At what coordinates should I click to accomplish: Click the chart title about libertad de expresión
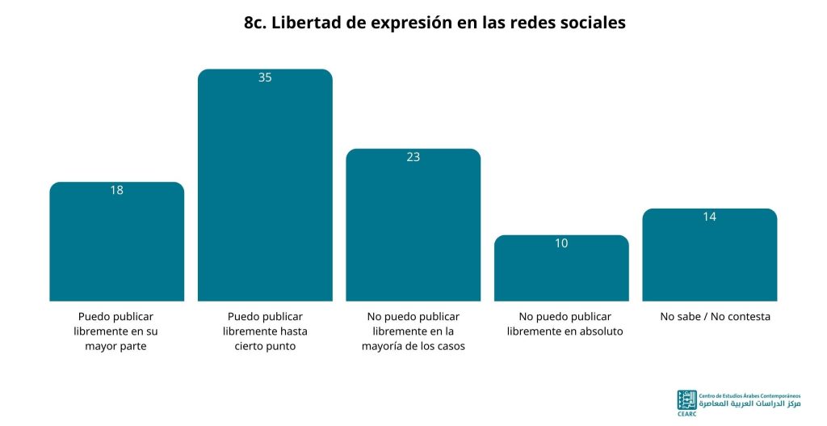pyautogui.click(x=434, y=23)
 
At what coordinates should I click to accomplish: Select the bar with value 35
pyautogui.click(x=265, y=185)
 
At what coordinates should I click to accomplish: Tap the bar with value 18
pyautogui.click(x=116, y=241)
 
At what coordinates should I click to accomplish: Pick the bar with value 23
pyautogui.click(x=413, y=225)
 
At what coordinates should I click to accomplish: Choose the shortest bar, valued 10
pyautogui.click(x=561, y=268)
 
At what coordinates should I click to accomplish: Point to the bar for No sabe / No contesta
pyautogui.click(x=709, y=255)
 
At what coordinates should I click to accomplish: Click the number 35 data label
pyautogui.click(x=265, y=78)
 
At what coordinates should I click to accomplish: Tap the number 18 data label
pyautogui.click(x=116, y=190)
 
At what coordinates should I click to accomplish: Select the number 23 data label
pyautogui.click(x=413, y=157)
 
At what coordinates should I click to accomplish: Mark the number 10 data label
pyautogui.click(x=561, y=243)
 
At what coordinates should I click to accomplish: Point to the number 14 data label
pyautogui.click(x=709, y=217)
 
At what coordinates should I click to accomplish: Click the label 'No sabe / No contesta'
pyautogui.click(x=716, y=317)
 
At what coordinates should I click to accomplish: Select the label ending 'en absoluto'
pyautogui.click(x=565, y=324)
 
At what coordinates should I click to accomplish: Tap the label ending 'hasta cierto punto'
pyautogui.click(x=265, y=331)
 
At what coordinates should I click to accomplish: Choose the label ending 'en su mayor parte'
pyautogui.click(x=115, y=331)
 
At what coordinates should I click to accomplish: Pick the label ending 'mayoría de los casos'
pyautogui.click(x=413, y=331)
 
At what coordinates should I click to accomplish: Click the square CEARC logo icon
pyautogui.click(x=686, y=401)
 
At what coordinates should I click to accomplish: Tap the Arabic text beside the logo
pyautogui.click(x=749, y=404)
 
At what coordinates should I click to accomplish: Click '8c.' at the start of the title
pyautogui.click(x=255, y=23)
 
